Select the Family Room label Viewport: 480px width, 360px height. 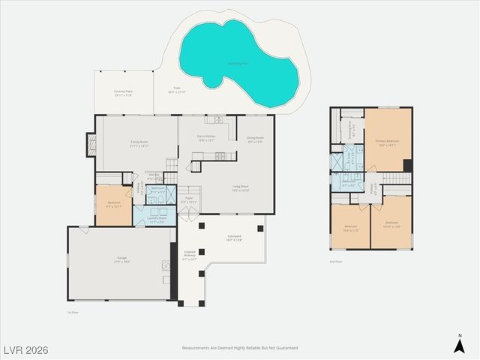139,145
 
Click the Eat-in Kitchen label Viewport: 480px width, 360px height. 206,138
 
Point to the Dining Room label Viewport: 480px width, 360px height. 255,139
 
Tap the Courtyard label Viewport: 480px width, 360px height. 234,238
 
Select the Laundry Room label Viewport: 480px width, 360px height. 157,220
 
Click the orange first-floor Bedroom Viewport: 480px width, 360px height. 113,205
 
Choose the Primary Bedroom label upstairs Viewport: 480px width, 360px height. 387,142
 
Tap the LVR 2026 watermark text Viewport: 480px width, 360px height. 25,349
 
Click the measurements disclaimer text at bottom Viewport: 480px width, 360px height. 240,348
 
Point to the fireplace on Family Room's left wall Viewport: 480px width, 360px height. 91,144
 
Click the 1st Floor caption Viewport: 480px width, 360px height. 73,312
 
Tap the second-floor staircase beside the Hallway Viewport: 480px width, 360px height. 395,178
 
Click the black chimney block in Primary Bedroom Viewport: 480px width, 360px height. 407,165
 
